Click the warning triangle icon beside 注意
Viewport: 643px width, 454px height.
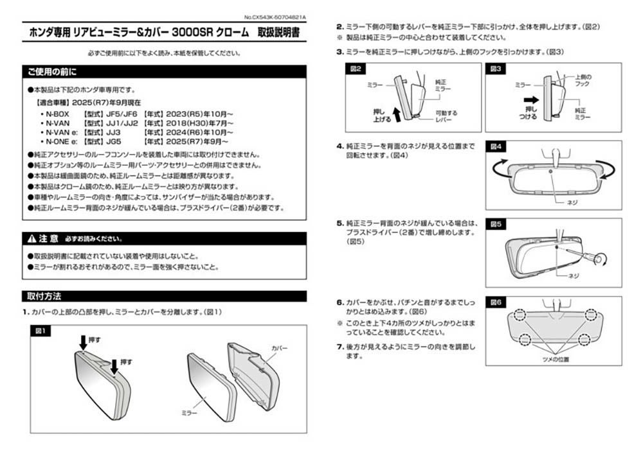pos(32,239)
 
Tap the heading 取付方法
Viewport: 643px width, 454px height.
pos(44,297)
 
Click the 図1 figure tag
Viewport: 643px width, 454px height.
pos(41,330)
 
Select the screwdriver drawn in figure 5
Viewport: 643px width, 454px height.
pos(582,255)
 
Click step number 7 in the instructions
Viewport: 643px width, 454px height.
pos(340,347)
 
